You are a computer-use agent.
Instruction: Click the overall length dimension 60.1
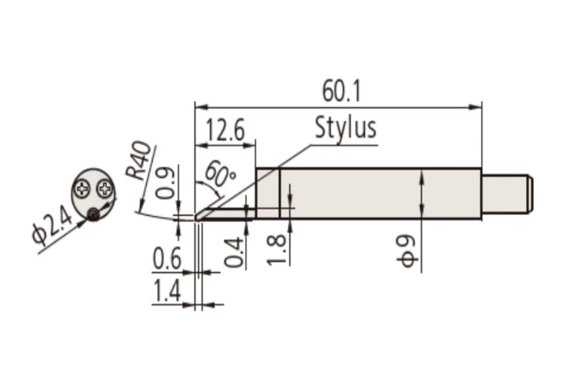[341, 92]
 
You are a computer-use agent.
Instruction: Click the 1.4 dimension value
[167, 292]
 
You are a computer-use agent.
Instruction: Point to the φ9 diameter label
[408, 252]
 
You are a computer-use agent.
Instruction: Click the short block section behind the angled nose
[267, 193]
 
